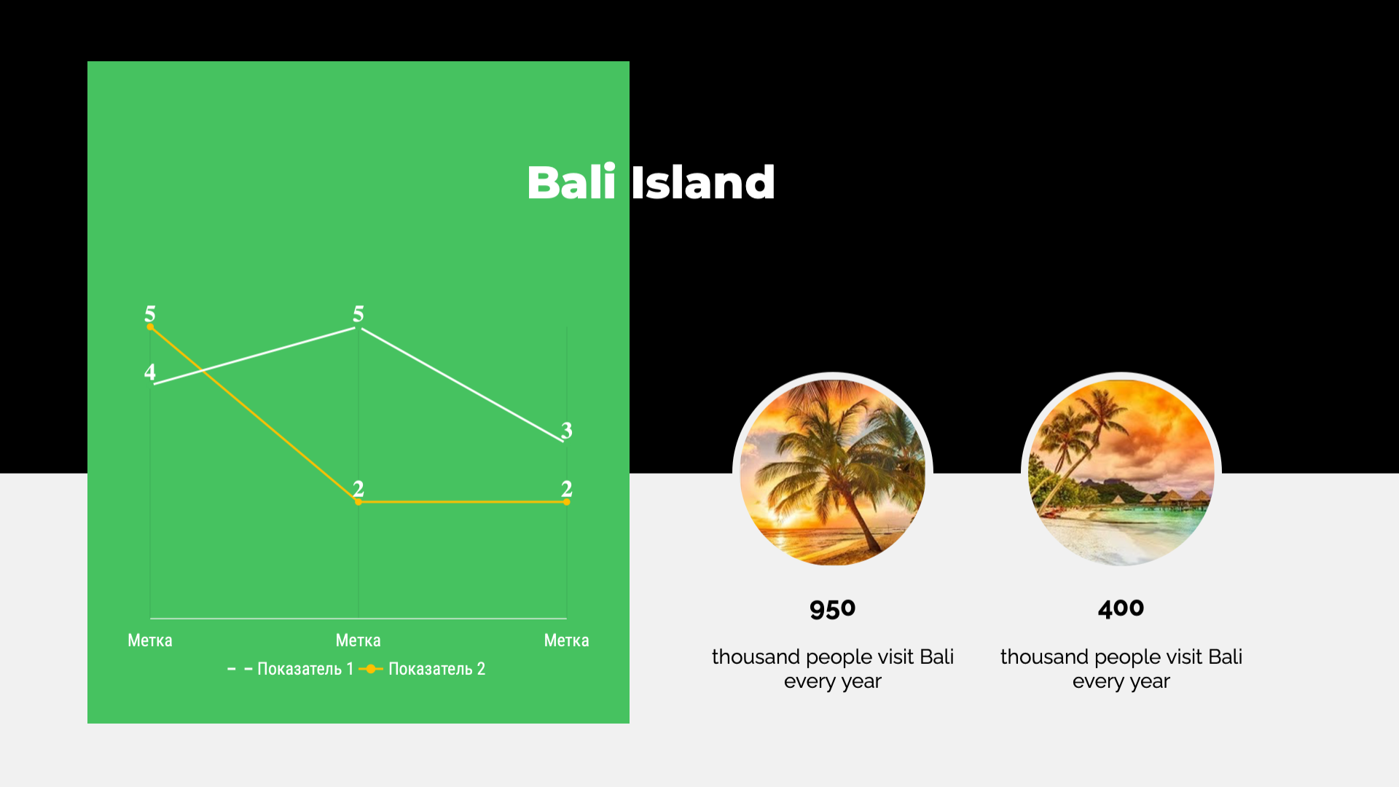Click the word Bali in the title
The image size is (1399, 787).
(571, 182)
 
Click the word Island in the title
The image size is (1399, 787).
(703, 182)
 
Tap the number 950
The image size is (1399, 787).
(832, 609)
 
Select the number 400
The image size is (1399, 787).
(1121, 608)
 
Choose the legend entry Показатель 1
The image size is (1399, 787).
(291, 669)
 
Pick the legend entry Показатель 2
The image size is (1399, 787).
(422, 669)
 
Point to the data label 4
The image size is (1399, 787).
(150, 372)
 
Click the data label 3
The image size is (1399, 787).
(567, 431)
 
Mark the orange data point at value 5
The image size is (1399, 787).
(150, 327)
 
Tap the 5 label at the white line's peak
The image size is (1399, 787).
(358, 314)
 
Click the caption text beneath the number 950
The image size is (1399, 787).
(833, 669)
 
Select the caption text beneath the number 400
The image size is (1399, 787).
(1121, 669)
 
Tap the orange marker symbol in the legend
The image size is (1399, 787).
(371, 669)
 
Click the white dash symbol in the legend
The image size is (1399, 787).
(240, 669)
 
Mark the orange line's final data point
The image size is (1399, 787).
(567, 502)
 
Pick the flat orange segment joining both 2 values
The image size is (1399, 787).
(463, 502)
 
